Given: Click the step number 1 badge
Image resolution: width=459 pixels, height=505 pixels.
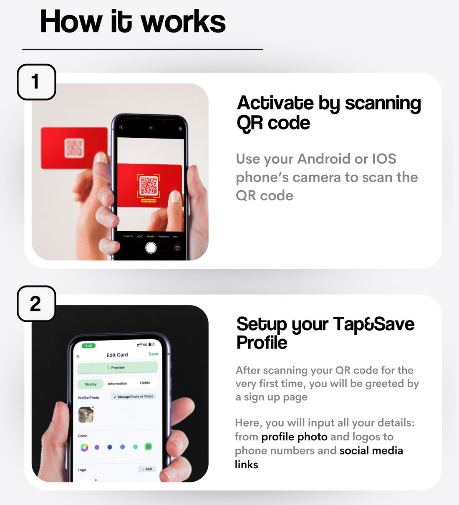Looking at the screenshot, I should (36, 82).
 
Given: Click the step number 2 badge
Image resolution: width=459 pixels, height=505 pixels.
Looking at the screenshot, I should (36, 303).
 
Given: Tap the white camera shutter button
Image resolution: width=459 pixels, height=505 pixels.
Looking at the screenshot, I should (151, 248).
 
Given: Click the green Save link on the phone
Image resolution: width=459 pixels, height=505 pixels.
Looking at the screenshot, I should (154, 354).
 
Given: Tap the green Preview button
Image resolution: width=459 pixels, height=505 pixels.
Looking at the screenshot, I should (117, 368).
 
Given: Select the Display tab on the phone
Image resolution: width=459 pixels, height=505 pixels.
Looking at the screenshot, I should (91, 384).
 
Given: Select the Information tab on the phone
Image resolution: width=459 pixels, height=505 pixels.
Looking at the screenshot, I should (118, 384).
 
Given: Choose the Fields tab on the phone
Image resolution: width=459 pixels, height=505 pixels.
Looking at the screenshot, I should (145, 383).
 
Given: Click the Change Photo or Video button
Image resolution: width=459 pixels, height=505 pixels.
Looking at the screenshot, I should (134, 396).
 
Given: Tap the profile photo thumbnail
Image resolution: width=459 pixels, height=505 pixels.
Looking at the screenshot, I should (86, 414).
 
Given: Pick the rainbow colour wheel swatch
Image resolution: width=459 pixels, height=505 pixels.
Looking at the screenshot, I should (84, 447).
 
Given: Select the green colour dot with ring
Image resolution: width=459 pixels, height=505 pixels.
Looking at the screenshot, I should (148, 447).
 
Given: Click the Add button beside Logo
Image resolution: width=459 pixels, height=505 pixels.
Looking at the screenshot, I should (147, 469).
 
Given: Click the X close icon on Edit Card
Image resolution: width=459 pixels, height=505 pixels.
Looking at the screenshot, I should (78, 356).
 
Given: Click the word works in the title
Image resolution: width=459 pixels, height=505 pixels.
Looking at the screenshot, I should (183, 22).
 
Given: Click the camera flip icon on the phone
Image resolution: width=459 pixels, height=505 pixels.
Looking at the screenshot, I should (177, 248).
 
